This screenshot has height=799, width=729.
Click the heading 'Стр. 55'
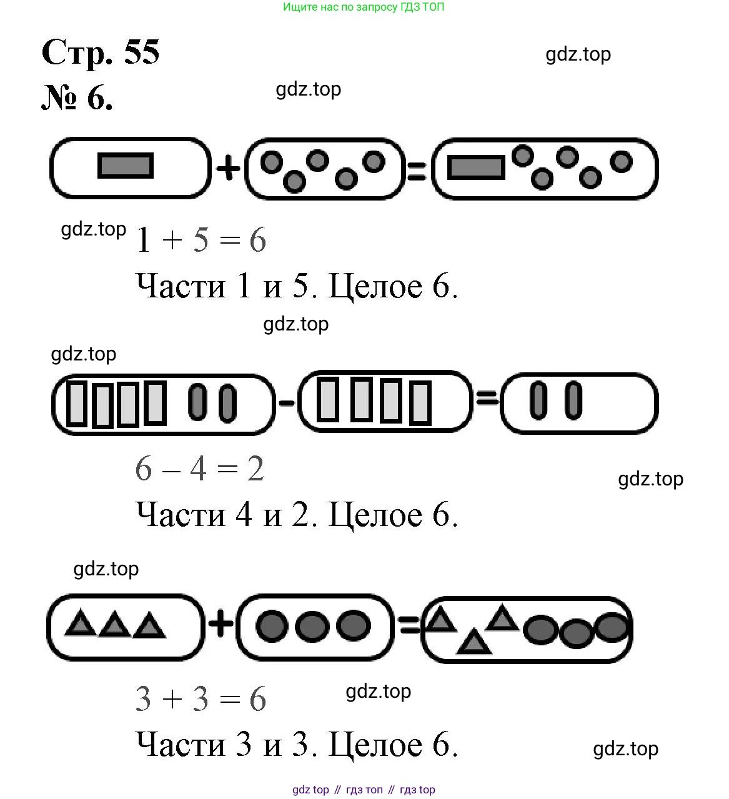click(100, 52)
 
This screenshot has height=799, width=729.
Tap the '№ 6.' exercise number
click(77, 98)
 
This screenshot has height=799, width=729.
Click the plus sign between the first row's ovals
click(228, 168)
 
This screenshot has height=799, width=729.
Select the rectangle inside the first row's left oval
click(126, 166)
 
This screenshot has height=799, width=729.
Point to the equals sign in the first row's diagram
click(416, 170)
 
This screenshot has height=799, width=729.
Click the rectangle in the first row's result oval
click(477, 167)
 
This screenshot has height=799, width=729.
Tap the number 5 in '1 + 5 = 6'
click(201, 241)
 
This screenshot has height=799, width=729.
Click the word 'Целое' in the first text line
click(375, 287)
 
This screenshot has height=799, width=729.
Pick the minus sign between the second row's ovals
click(287, 403)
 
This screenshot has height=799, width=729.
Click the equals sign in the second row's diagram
click(487, 397)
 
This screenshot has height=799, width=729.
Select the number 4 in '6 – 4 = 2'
click(199, 469)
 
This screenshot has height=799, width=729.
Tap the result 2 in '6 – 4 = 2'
click(255, 469)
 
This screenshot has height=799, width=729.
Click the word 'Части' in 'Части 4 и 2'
click(180, 515)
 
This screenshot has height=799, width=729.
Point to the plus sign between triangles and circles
click(221, 623)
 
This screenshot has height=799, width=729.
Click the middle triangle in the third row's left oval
click(114, 624)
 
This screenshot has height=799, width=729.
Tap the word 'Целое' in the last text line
click(375, 745)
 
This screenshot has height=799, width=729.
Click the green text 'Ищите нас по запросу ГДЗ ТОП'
click(364, 7)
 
